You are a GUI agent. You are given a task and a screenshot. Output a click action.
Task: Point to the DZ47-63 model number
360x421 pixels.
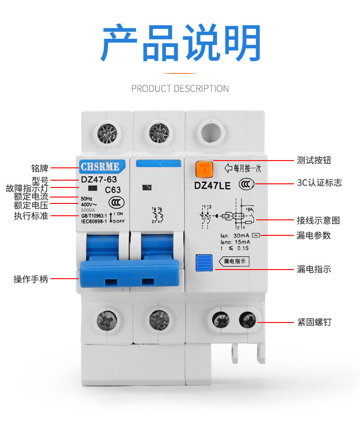click(x=99, y=180)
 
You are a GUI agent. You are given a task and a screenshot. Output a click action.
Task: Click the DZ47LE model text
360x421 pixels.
click(x=213, y=186)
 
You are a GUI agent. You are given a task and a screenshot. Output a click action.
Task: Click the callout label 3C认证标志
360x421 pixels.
click(x=319, y=183)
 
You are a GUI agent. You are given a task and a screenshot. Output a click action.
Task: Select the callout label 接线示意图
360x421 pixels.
click(x=318, y=220)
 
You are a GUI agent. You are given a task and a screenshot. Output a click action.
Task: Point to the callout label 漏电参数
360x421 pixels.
click(x=314, y=235)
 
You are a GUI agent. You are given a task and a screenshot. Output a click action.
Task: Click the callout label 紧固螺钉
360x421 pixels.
click(x=314, y=322)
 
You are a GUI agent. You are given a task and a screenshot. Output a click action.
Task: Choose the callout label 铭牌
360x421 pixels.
click(x=40, y=168)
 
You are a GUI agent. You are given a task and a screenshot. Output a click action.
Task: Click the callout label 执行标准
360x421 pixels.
click(x=31, y=216)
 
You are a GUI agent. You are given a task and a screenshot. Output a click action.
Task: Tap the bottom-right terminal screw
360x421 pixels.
click(x=248, y=319)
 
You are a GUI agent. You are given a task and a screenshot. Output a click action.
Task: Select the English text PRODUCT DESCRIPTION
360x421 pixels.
click(x=180, y=88)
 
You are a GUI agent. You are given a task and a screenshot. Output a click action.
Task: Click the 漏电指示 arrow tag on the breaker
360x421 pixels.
click(x=235, y=261)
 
